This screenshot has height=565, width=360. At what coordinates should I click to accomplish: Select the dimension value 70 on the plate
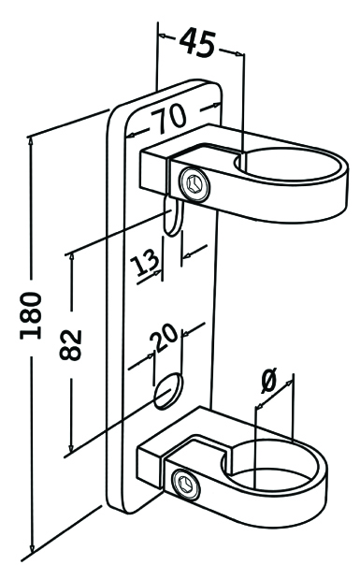[168, 119]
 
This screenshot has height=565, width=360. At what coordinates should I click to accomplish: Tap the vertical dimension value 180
[31, 315]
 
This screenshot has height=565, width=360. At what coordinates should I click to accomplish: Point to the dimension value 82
[71, 344]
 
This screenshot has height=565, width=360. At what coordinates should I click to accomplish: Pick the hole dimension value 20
[164, 338]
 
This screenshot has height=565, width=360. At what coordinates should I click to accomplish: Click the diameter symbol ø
[268, 381]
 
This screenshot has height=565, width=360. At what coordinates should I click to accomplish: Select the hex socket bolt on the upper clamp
[194, 183]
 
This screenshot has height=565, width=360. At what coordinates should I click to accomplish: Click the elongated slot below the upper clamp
[173, 216]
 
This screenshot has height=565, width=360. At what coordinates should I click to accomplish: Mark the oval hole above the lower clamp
[168, 391]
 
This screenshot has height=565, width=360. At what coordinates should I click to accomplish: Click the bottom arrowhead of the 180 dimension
[32, 547]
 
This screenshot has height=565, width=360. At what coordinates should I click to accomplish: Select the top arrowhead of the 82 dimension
[72, 257]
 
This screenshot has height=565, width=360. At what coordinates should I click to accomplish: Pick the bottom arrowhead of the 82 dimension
[72, 448]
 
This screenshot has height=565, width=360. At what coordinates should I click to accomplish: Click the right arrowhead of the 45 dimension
[239, 54]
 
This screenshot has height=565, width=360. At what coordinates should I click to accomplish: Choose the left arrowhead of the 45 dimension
[163, 36]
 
